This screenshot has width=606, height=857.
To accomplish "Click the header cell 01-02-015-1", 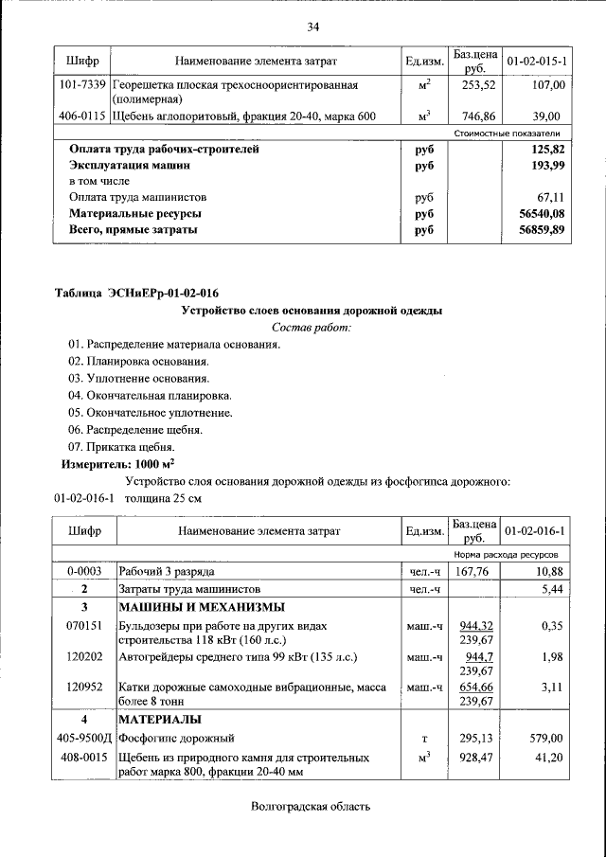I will pyautogui.click(x=537, y=62).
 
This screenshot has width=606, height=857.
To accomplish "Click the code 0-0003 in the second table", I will pyautogui.click(x=83, y=572).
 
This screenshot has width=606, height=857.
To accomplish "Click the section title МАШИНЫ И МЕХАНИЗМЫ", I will pyautogui.click(x=202, y=607).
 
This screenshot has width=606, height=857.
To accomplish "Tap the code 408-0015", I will pyautogui.click(x=83, y=759).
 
